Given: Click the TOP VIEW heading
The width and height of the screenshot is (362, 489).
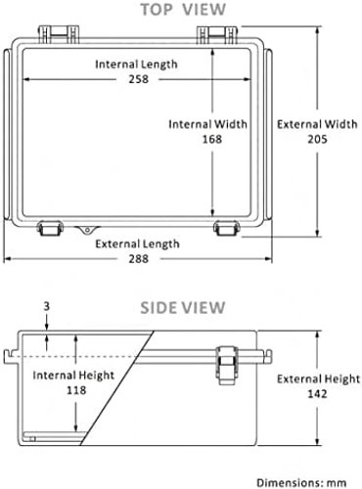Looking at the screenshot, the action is pos(183,9).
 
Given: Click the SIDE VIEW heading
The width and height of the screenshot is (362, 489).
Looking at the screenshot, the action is pos(183,307).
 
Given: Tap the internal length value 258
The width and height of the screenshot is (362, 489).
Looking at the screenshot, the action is pos(139,79).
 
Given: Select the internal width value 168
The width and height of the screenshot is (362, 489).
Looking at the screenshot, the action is pos(212,139).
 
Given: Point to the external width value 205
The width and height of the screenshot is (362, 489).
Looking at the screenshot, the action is pos(317,139).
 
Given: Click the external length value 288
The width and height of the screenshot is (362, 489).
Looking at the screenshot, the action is pos(139,259).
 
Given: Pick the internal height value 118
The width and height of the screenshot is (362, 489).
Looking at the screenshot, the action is pos(76,390).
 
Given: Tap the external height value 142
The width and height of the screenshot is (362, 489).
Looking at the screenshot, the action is pos(317,394).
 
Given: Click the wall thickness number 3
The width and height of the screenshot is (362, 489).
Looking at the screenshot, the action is pos(47,306).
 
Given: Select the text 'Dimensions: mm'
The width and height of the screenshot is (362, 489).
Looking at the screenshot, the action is pos(301,482).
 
